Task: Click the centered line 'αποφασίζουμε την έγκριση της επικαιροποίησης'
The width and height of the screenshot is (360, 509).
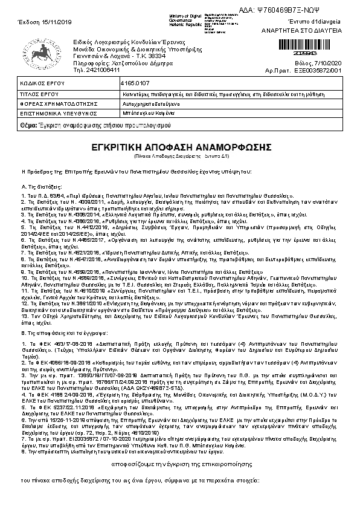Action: (180, 464)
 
